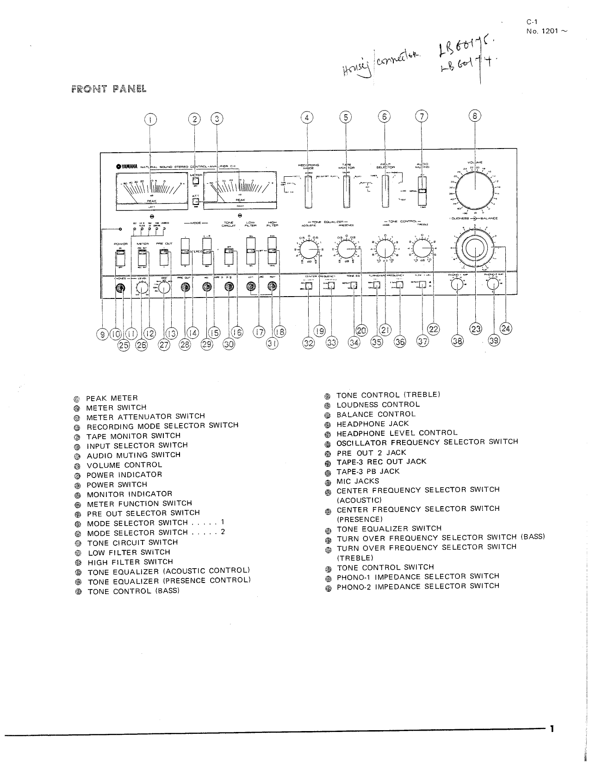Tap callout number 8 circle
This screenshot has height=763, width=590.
click(x=475, y=116)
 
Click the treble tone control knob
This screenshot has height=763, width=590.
click(x=422, y=250)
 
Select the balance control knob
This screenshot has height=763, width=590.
click(x=474, y=248)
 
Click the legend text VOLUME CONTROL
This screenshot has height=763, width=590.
click(x=124, y=465)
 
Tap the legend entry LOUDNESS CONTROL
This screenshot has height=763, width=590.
click(x=378, y=404)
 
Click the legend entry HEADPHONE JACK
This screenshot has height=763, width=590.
click(x=373, y=424)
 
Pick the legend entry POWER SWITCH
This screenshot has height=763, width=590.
click(x=117, y=484)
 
